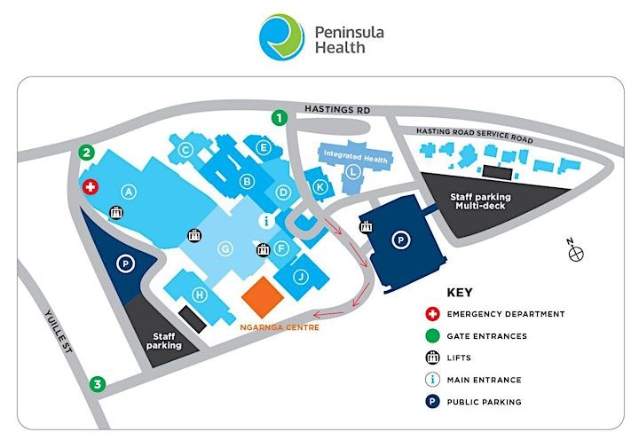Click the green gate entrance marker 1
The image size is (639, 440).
coord(280,118)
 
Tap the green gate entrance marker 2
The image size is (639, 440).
coord(86,153)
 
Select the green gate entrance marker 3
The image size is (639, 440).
coord(98,384)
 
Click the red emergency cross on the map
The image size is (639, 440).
coord(90,187)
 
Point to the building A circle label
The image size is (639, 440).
coord(129,192)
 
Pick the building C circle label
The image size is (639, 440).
coord(185,150)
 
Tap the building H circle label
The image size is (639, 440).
coord(200,295)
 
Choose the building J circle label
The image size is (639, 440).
coord(301,277)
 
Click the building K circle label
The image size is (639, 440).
coord(319,187)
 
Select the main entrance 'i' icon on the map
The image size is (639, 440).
coord(266,221)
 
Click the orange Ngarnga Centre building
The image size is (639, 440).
coord(263,297)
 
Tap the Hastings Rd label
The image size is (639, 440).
coord(337,109)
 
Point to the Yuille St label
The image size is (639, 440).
coord(59,331)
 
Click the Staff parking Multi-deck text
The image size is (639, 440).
coord(480,201)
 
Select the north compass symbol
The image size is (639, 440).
coord(575,250)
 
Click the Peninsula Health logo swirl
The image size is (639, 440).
coord(281,37)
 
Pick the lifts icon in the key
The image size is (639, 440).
coord(432,357)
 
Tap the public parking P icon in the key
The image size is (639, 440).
coord(432,402)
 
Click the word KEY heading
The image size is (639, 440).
coord(460,293)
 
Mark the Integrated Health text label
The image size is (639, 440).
coord(355,157)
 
